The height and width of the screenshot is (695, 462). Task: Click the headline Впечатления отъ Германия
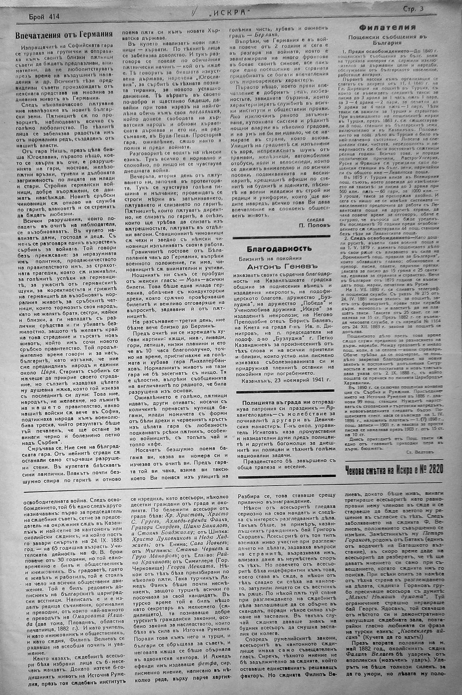64,35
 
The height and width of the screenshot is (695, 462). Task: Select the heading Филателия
387,28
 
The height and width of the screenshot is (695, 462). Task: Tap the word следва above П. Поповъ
315,219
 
